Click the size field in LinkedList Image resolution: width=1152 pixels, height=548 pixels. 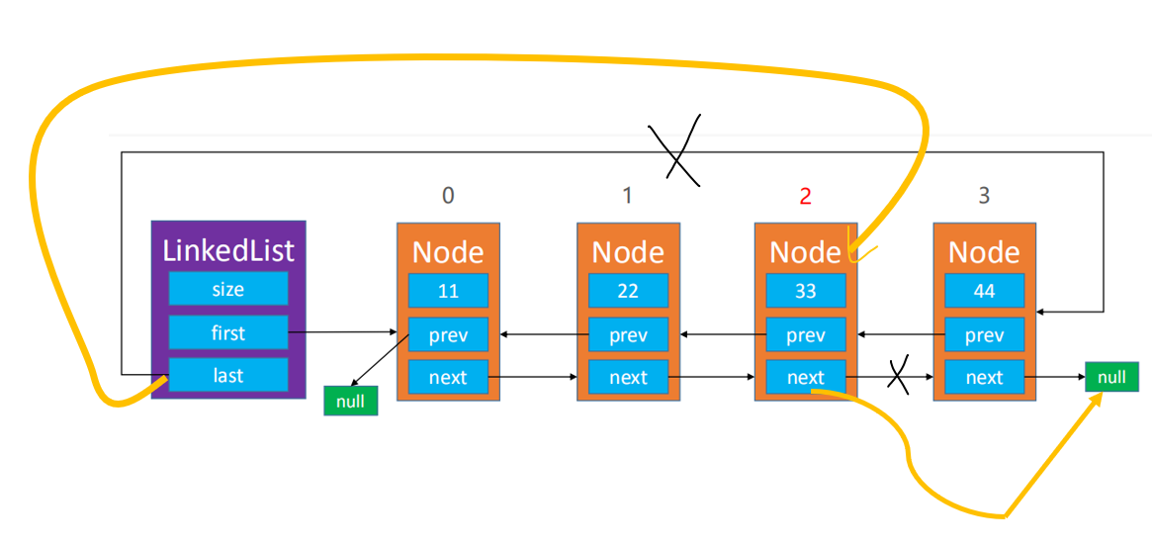(227, 290)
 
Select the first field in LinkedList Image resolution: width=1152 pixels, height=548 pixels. (227, 332)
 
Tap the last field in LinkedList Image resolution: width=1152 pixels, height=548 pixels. (227, 375)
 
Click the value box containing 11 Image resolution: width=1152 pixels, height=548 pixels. (448, 290)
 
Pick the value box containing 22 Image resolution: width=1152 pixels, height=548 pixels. (628, 290)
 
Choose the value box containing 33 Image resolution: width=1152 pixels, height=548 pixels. (806, 290)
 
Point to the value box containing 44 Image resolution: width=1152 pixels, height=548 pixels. (985, 290)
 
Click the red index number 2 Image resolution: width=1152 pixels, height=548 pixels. (805, 196)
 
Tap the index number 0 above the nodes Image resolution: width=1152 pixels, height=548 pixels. (447, 196)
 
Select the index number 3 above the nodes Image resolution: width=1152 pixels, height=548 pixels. (985, 196)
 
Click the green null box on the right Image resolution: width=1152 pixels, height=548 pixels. (1111, 377)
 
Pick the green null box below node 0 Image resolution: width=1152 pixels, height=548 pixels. (350, 401)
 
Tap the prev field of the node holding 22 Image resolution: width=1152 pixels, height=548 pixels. (628, 335)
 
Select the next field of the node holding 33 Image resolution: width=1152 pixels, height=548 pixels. (806, 378)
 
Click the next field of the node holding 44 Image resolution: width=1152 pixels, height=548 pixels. (985, 378)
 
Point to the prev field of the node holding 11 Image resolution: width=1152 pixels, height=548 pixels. (448, 335)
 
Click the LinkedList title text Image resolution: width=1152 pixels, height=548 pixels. (228, 251)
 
